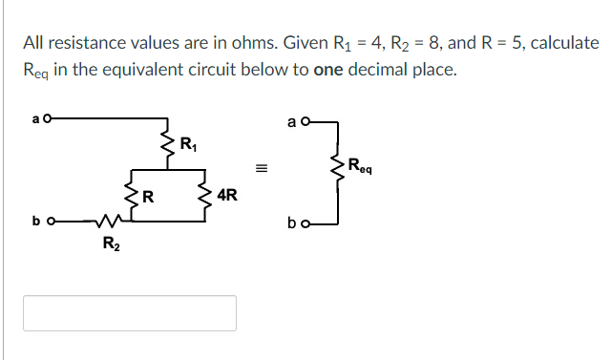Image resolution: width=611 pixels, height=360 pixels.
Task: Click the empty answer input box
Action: tap(129, 313)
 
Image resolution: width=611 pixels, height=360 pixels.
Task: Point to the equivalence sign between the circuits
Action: tap(260, 171)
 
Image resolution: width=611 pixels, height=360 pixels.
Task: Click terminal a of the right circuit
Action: tap(305, 122)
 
